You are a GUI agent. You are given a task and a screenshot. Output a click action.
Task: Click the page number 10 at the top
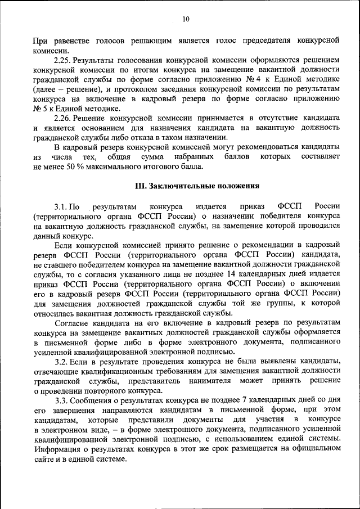tap(186, 19)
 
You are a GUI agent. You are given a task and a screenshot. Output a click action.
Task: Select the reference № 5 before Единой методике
tap(40, 108)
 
